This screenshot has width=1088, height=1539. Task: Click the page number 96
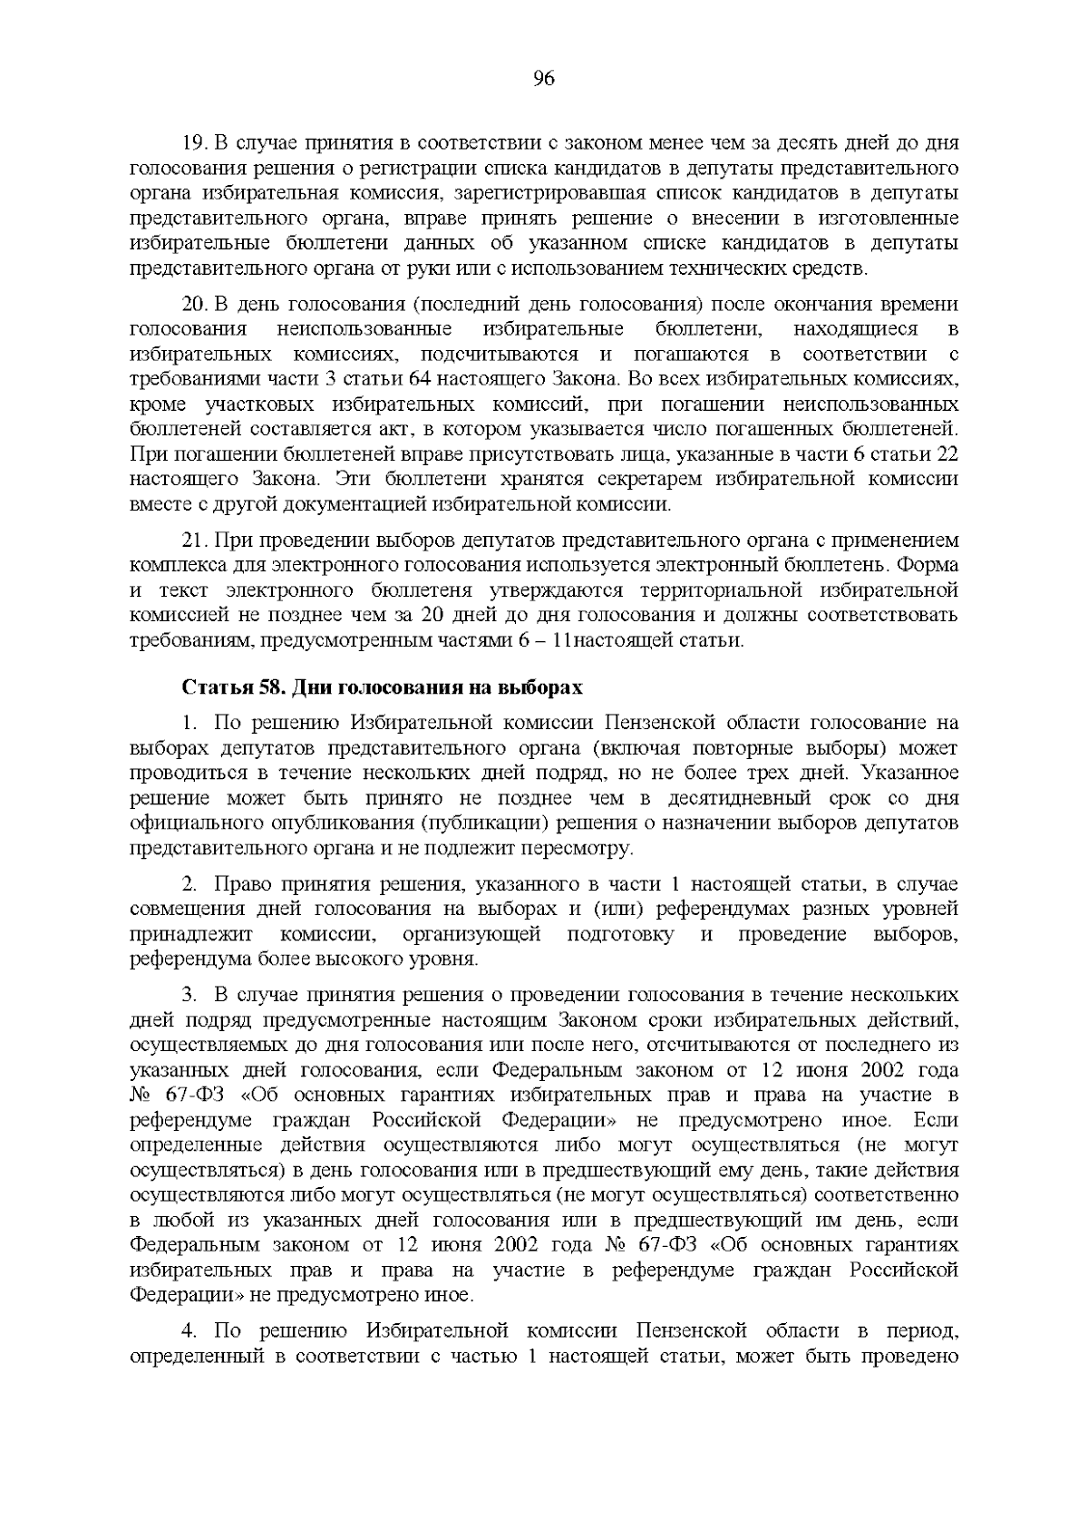[543, 79]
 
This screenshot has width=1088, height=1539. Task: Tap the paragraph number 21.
[195, 541]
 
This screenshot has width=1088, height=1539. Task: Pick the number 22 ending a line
[947, 453]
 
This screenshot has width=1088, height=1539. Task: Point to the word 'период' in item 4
[923, 1331]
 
